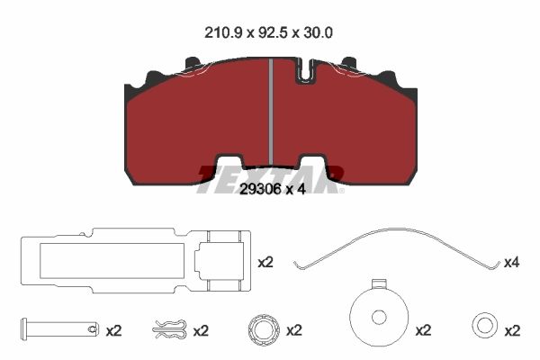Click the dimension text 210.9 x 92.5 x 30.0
tap(268, 33)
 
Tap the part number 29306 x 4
tap(273, 189)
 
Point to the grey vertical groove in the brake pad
tap(271, 112)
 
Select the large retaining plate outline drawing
tap(136, 260)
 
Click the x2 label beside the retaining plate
tap(265, 263)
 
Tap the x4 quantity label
tap(512, 263)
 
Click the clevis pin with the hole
tap(60, 329)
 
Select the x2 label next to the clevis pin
tap(113, 331)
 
